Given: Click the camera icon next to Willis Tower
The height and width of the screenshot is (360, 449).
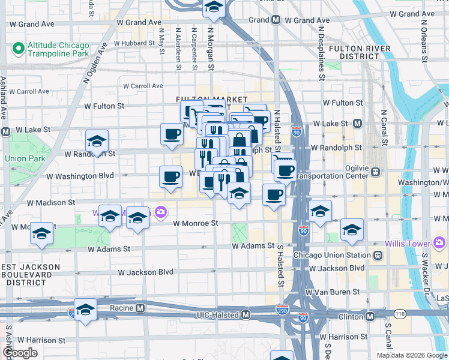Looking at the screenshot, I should pos(439,243).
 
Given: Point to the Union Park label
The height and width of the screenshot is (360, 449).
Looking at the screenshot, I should pos(25,158).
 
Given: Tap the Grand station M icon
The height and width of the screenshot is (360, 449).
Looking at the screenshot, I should pos(276,20).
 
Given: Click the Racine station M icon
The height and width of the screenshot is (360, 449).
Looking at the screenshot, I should pos(140,308).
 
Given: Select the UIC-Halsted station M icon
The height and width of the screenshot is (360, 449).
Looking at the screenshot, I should pos(246,315).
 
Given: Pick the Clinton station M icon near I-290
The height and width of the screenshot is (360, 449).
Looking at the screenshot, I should pos(370,316).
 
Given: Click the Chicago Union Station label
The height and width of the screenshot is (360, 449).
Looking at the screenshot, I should pos(332,255).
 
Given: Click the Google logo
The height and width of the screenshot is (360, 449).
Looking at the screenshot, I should pos(20,353).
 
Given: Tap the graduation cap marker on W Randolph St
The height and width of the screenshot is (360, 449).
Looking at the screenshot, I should pos(97,142).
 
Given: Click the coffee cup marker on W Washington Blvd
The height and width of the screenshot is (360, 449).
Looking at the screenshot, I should pos(170,177).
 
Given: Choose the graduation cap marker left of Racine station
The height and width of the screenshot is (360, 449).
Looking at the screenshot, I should pos(86,310).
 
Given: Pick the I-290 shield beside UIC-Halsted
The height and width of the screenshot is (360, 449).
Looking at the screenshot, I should pos(282,310).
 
